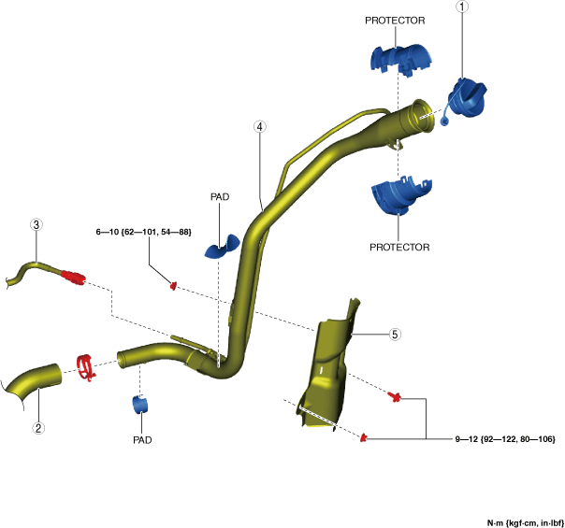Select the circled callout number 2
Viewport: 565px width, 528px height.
click(39, 428)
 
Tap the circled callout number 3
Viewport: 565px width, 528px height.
click(36, 224)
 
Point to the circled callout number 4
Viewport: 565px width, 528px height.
click(260, 126)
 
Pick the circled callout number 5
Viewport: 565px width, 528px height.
click(395, 334)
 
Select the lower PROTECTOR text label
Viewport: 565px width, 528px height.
click(399, 248)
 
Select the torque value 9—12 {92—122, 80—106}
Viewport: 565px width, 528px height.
click(504, 437)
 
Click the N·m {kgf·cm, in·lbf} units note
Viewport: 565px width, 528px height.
click(525, 521)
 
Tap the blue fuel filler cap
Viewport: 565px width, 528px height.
click(468, 98)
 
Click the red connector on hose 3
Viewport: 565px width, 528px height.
click(73, 276)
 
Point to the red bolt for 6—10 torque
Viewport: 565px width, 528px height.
click(173, 284)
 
